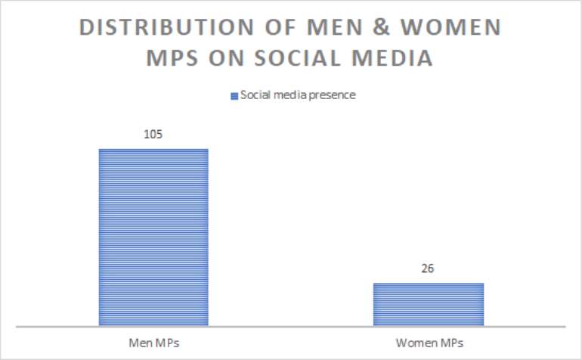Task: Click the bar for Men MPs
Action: coord(153,237)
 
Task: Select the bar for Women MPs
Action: coord(429,305)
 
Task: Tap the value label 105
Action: coord(153,134)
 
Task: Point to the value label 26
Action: coord(428,268)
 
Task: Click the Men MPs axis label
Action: coord(154,343)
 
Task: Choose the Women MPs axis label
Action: coord(429,343)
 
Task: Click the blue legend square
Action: coord(234,96)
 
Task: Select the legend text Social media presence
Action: coord(298,95)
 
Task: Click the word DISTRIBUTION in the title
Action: coord(166,27)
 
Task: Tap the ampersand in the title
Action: coord(381,27)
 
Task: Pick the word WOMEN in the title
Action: coord(451,27)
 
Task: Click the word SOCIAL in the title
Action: coord(297,58)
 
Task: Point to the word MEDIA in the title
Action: coord(392,58)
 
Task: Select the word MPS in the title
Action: coord(172,58)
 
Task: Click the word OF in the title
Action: coord(280,27)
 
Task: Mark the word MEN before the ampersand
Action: coord(335,27)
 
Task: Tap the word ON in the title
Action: coord(227,58)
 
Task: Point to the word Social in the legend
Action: coord(255,95)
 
